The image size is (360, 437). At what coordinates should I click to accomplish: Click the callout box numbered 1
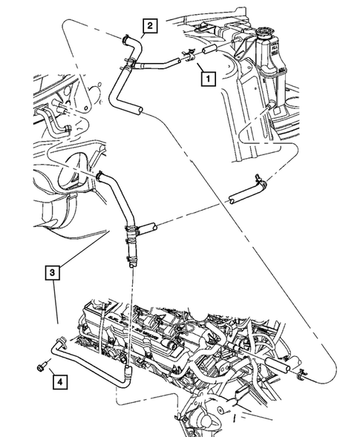point(206,76)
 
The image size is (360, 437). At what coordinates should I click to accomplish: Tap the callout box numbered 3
point(50,272)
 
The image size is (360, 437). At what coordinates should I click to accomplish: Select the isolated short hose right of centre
point(245,195)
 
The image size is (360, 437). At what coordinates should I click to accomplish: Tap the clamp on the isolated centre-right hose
point(261,180)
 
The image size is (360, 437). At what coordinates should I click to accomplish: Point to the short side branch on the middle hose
point(145,226)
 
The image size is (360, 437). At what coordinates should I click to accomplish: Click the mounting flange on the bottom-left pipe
point(62,343)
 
